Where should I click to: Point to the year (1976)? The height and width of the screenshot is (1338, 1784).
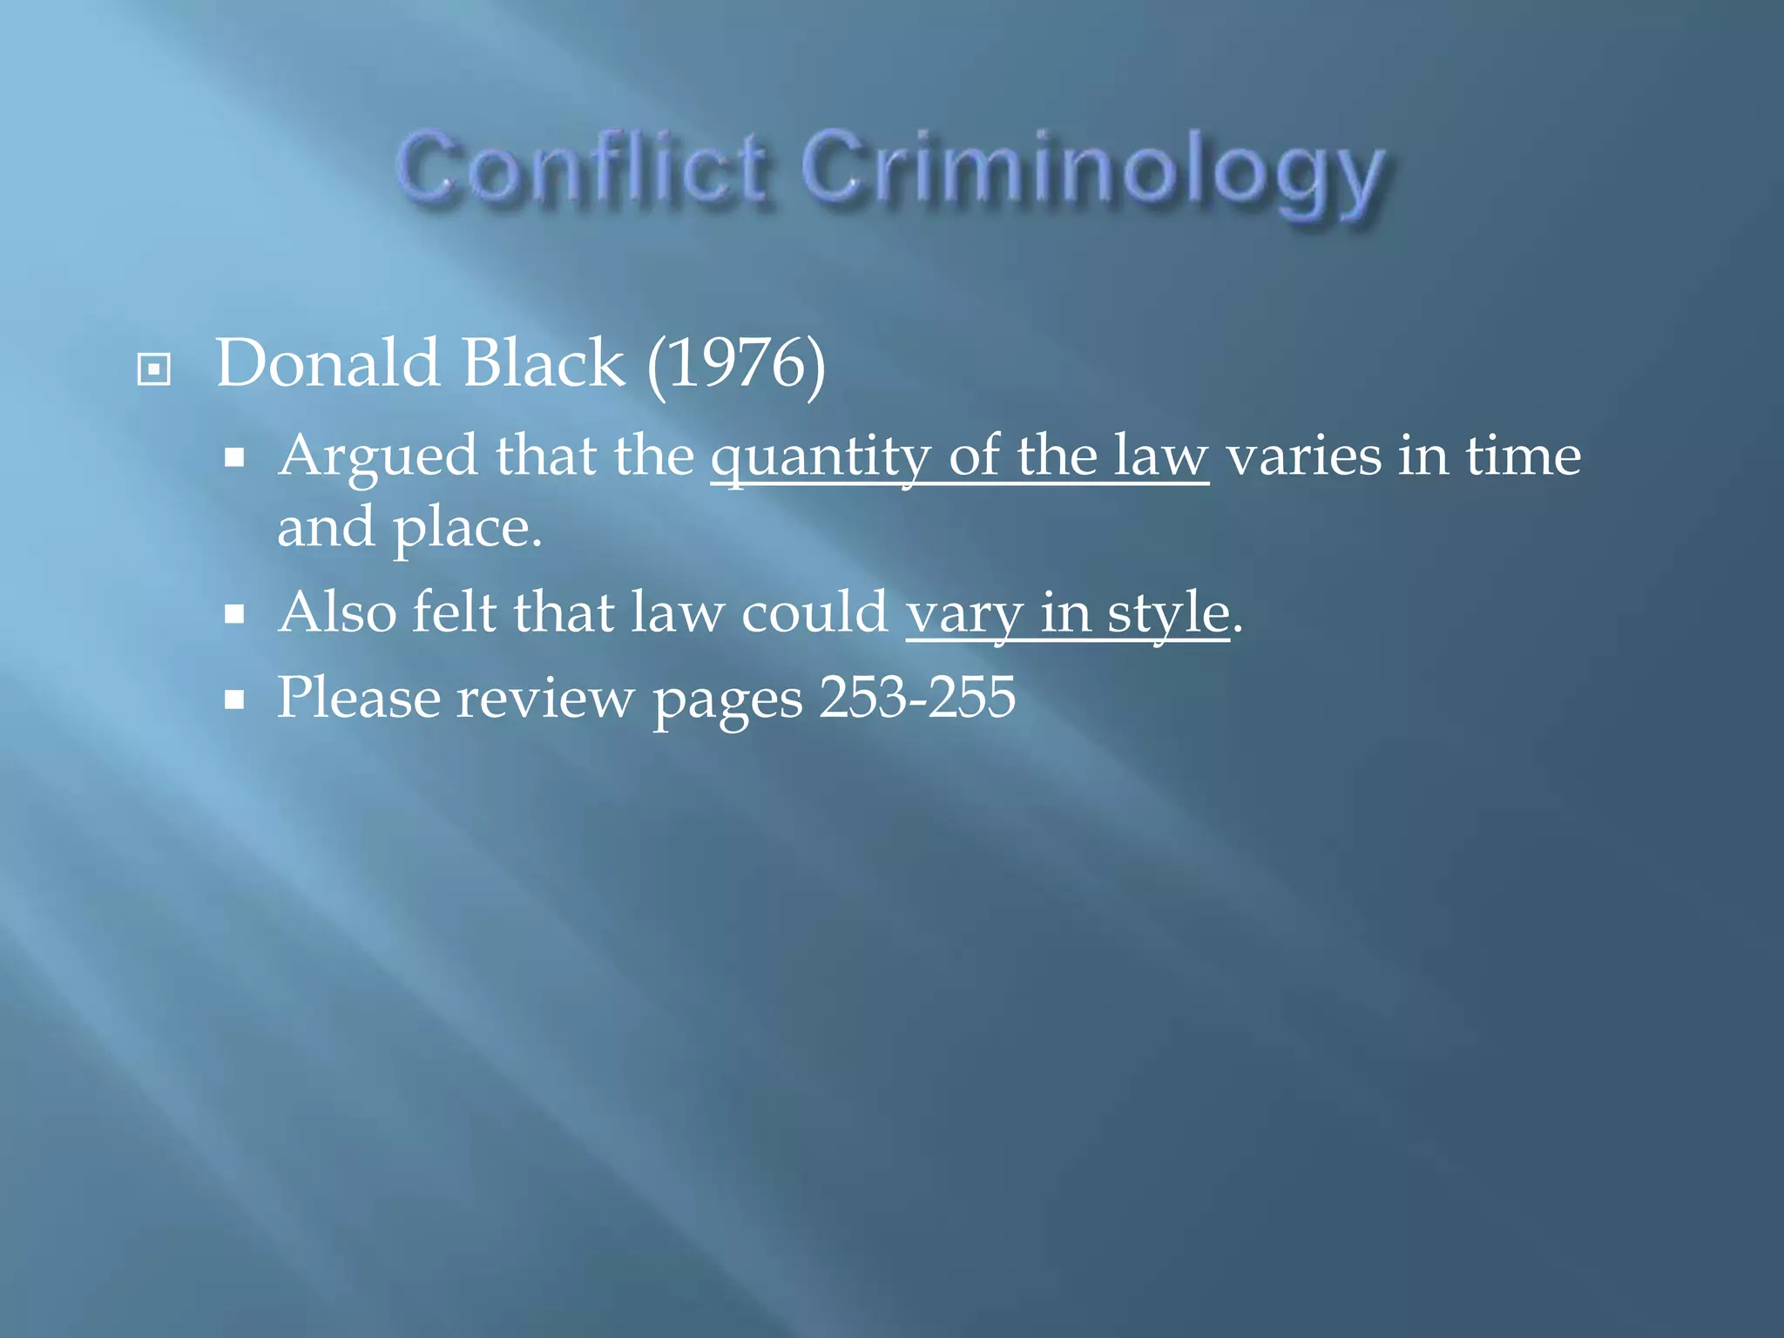[736, 364]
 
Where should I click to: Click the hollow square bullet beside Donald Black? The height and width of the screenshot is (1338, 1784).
[154, 369]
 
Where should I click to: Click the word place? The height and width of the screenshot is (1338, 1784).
[467, 530]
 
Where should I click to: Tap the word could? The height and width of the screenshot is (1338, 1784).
[814, 612]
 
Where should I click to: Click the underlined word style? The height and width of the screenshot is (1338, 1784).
[1167, 615]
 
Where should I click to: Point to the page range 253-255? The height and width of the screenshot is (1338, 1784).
[917, 698]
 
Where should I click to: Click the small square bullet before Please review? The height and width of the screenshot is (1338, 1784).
[233, 700]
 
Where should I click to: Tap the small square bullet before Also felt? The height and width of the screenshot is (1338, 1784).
[233, 615]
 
